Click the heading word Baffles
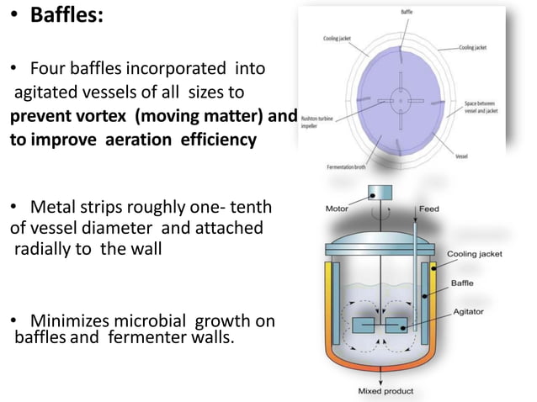click(x=67, y=16)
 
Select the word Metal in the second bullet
click(x=53, y=207)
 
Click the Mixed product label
click(x=387, y=392)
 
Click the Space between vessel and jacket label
click(x=483, y=109)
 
